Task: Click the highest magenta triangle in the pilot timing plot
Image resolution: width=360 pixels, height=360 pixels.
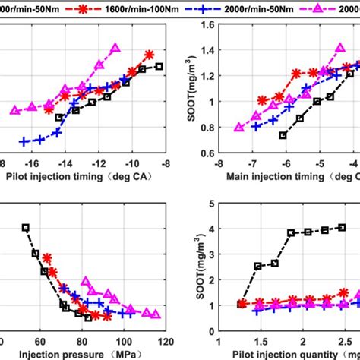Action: point(115,48)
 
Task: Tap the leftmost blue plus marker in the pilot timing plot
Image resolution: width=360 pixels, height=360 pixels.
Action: point(24,141)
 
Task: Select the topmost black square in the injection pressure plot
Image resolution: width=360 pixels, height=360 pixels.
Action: point(26,227)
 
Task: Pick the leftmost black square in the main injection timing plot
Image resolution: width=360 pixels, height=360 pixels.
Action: point(283,135)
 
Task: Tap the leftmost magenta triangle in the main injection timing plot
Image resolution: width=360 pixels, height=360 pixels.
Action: point(239,128)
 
